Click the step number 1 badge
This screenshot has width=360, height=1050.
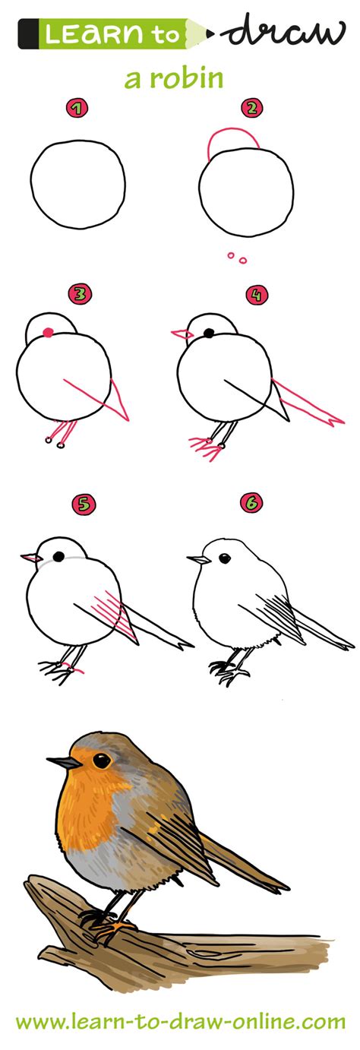(x=74, y=109)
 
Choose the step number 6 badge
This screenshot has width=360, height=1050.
(x=250, y=502)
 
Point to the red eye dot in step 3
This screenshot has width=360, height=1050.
(x=49, y=331)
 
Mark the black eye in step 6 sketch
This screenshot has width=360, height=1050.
(x=225, y=558)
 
